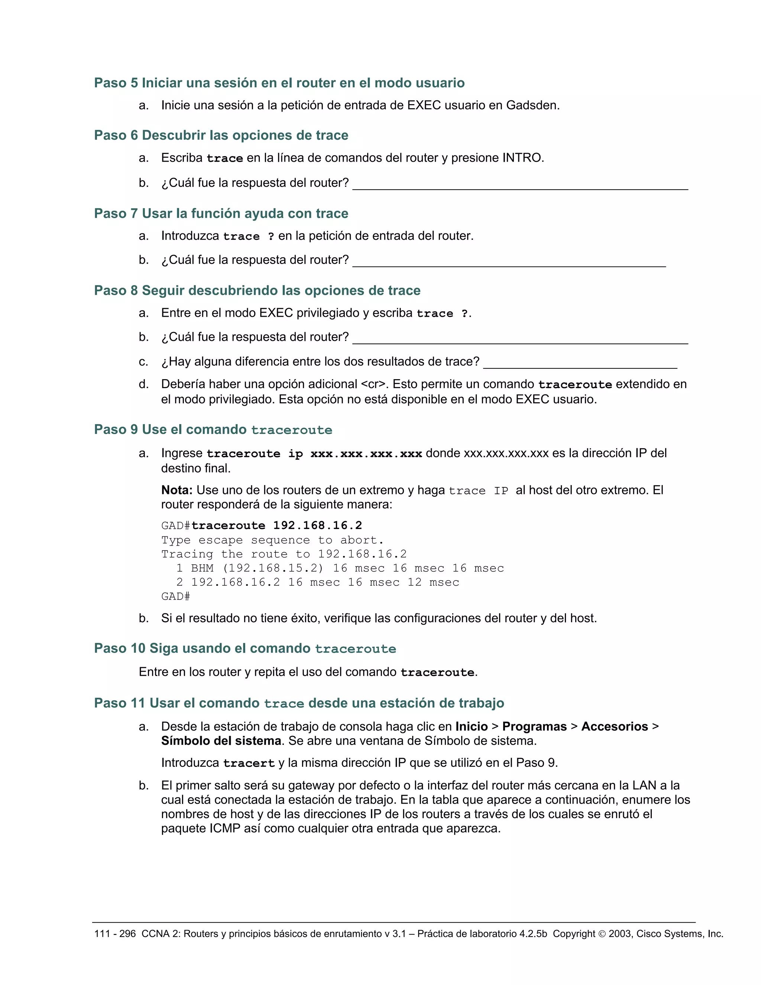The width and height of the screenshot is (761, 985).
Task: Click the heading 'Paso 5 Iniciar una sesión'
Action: (279, 83)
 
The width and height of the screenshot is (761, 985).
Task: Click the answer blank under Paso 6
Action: (520, 184)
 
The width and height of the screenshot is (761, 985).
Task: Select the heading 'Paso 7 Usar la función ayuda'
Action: (221, 213)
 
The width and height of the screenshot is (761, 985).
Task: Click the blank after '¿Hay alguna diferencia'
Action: (580, 363)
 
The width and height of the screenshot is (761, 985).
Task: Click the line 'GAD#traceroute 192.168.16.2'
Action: (262, 526)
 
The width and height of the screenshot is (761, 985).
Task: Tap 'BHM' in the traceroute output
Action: (202, 568)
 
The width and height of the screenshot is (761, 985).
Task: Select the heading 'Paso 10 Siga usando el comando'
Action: (245, 649)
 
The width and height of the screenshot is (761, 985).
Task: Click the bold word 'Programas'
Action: (534, 727)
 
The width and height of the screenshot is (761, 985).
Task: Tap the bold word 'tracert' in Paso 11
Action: (249, 763)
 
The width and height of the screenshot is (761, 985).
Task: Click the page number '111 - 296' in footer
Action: (114, 934)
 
